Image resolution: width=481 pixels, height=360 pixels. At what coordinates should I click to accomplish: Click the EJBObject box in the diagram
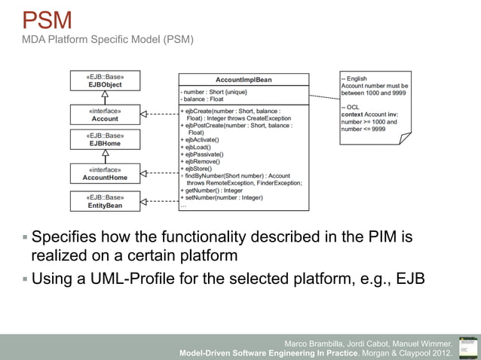pos(106,81)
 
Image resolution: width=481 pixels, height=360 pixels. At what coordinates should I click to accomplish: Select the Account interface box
pos(106,114)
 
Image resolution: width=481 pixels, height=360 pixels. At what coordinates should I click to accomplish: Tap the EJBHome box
pos(106,140)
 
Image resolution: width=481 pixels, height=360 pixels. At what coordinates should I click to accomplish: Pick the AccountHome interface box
pos(106,174)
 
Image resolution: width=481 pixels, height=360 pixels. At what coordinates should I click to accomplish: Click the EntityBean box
pos(106,200)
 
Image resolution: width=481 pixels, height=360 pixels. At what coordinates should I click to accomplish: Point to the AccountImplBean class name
pos(244,79)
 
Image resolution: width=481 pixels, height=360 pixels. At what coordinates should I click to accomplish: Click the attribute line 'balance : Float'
pos(202,99)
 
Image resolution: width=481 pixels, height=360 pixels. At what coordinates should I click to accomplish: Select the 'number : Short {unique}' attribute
pos(213,91)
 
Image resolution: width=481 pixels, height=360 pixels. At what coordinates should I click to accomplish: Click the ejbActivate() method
pos(201,140)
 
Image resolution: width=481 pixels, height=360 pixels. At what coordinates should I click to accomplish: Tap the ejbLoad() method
pos(197,147)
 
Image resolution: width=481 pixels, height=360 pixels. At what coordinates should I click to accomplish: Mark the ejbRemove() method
pos(201,161)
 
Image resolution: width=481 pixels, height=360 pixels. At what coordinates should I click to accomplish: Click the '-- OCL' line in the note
pos(351,107)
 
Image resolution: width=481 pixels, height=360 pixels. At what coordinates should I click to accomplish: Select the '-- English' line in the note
pos(354,78)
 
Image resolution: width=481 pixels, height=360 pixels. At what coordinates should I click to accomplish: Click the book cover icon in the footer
pos(468,346)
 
